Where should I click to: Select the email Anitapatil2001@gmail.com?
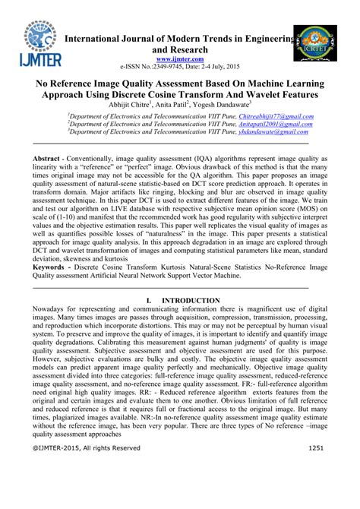click(259, 123)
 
